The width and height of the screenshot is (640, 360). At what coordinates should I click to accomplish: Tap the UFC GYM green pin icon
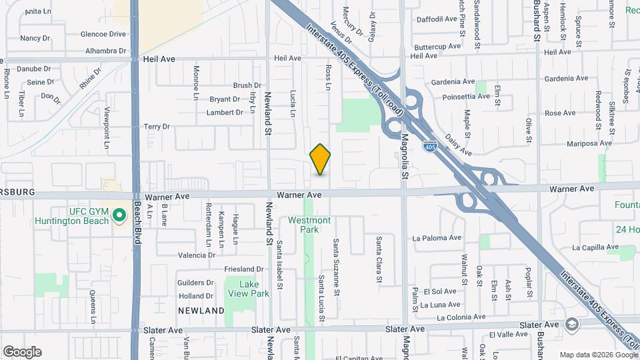click(119, 215)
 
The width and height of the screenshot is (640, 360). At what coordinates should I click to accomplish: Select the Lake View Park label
click(254, 289)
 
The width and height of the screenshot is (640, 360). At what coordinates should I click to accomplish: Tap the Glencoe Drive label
click(103, 34)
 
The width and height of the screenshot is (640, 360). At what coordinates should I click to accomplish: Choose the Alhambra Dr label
click(105, 51)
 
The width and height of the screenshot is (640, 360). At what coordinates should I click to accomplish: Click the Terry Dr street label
click(157, 127)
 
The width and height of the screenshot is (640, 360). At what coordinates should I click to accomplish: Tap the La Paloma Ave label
click(437, 237)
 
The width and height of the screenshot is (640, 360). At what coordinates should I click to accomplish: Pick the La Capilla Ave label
click(595, 247)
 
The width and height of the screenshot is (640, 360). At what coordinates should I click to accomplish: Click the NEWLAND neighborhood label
click(201, 311)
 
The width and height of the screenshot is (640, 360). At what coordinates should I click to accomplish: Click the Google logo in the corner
click(22, 351)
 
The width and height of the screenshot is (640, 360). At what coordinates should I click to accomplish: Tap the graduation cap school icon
click(571, 325)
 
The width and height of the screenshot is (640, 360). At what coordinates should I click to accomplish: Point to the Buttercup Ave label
click(437, 47)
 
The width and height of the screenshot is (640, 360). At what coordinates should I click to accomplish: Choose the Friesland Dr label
click(240, 269)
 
